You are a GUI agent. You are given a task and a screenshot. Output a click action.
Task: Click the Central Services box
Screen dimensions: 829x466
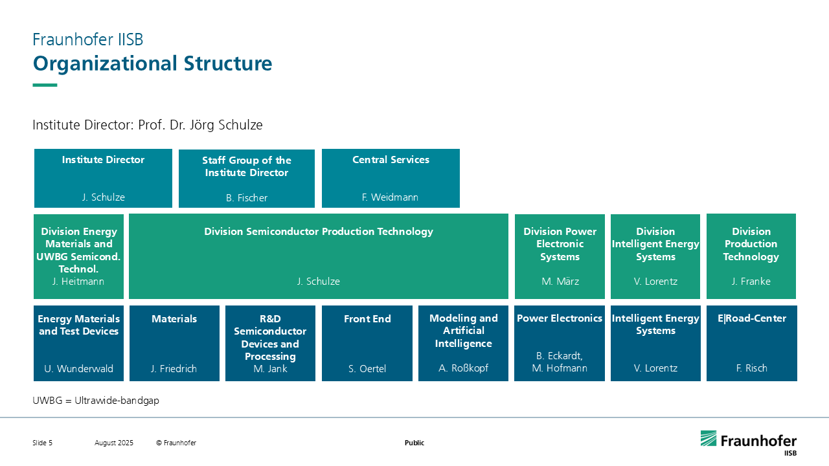tap(391, 178)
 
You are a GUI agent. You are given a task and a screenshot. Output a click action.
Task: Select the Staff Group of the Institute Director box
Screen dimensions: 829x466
tap(247, 179)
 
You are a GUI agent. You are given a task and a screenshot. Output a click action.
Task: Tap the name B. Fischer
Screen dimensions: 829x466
tap(247, 198)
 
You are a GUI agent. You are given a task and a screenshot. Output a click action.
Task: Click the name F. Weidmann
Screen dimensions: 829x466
tap(390, 197)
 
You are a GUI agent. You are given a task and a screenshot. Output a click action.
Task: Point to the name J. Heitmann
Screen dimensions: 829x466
tap(78, 282)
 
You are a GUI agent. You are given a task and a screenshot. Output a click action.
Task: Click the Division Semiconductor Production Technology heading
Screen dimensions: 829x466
tap(319, 232)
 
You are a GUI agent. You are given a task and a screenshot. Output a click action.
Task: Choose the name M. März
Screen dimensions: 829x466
tap(560, 282)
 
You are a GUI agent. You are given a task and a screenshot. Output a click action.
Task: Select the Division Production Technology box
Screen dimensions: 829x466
tap(751, 256)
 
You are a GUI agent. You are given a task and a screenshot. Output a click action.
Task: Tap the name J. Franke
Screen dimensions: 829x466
tap(751, 282)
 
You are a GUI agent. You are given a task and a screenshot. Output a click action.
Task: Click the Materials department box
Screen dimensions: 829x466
tap(174, 343)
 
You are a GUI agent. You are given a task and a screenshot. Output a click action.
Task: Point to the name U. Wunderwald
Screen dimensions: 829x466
tap(78, 369)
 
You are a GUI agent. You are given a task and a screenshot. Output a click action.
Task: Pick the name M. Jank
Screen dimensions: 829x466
tap(270, 369)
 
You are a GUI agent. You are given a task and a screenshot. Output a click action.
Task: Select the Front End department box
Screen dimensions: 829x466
tap(367, 343)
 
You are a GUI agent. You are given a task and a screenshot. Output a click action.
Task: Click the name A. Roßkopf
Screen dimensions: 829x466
tap(463, 368)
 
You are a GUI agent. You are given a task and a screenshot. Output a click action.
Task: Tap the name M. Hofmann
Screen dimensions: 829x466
tap(560, 368)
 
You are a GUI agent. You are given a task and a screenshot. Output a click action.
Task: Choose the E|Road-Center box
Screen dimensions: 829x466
tap(752, 343)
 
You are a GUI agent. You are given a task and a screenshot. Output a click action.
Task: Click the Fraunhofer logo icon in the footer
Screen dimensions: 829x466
tap(709, 438)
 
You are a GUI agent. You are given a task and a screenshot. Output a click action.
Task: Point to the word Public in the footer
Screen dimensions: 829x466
tap(414, 443)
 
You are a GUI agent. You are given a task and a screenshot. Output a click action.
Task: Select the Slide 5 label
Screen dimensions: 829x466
tap(43, 443)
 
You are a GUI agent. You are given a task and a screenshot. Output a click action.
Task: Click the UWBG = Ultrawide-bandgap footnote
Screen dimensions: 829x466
tap(96, 401)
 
